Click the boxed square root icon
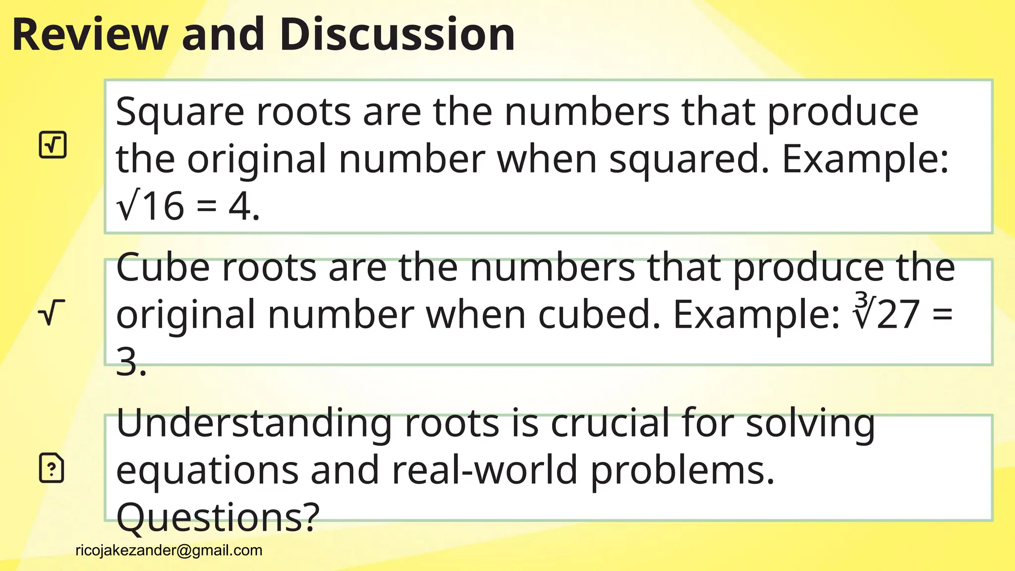tap(53, 145)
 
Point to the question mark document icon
tap(52, 467)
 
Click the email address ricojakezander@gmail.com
tap(169, 550)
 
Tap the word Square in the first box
tap(180, 112)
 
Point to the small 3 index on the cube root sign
tap(861, 300)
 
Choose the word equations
tap(207, 470)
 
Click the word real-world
tap(485, 470)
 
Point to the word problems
tap(682, 470)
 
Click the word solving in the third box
tap(810, 423)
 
